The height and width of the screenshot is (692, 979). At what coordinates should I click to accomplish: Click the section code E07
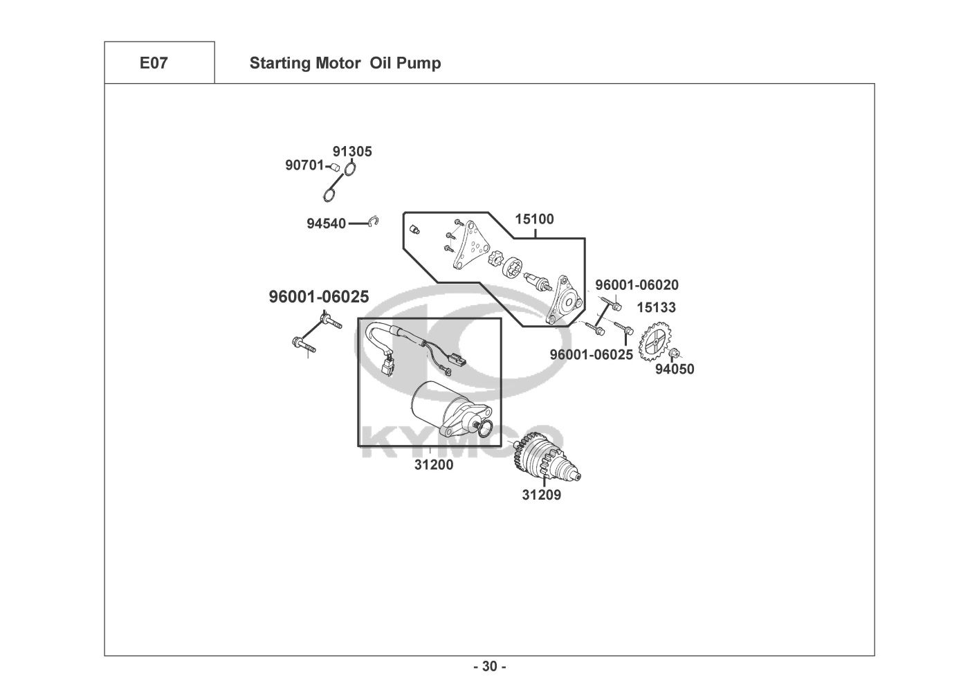[x=153, y=63]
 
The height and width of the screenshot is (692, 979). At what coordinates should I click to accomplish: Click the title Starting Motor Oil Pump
[x=345, y=63]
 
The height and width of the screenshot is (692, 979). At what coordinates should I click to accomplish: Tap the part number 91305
[x=352, y=151]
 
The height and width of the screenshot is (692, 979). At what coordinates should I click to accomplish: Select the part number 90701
[x=304, y=165]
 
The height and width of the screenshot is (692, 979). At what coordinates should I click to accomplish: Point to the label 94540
[x=326, y=224]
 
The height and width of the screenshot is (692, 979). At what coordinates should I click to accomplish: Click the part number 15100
[x=534, y=219]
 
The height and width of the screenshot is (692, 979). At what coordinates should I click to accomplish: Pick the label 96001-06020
[x=637, y=284]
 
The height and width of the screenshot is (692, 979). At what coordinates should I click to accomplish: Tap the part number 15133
[x=657, y=307]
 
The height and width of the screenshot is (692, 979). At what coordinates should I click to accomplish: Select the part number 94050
[x=675, y=370]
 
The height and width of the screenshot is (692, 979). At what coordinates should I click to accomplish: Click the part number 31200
[x=434, y=465]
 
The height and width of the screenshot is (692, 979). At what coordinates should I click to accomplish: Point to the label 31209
[x=542, y=495]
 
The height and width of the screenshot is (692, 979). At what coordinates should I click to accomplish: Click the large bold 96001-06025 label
[x=319, y=297]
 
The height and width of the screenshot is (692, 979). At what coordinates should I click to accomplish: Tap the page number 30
[x=490, y=667]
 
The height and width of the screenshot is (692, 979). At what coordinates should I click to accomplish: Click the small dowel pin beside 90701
[x=332, y=167]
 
